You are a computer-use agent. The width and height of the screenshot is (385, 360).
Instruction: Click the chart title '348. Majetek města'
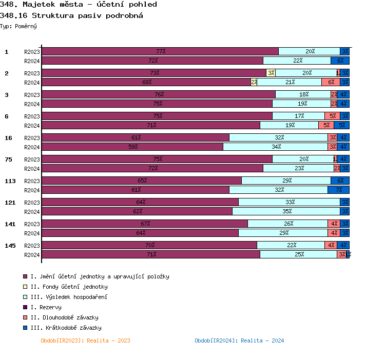[79, 5]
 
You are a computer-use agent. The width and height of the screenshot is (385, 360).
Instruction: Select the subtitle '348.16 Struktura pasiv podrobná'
[71, 15]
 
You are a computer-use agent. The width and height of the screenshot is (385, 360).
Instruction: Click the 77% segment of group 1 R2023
[160, 51]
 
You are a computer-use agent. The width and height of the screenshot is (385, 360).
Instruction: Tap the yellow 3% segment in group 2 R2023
[271, 73]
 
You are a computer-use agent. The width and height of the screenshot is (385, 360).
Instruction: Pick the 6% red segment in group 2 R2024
[331, 82]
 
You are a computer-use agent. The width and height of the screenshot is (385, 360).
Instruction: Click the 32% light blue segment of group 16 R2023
[279, 137]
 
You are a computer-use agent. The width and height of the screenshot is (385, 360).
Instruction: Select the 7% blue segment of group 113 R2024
[338, 190]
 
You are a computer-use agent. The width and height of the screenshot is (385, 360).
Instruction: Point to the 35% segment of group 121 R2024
[286, 211]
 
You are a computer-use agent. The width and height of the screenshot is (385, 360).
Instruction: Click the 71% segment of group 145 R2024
[151, 254]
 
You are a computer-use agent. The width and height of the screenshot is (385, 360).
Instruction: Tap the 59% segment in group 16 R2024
[132, 147]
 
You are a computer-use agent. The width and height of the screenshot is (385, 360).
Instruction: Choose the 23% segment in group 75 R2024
[298, 168]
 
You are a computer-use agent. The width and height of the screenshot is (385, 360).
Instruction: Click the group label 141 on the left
[10, 224]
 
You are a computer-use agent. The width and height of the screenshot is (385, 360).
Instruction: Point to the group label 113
[10, 181]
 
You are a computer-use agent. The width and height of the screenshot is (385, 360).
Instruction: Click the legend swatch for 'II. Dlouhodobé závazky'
[25, 317]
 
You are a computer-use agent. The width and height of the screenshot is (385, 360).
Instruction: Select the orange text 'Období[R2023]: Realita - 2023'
[85, 341]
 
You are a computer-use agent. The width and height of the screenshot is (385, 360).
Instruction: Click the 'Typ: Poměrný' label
[18, 26]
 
